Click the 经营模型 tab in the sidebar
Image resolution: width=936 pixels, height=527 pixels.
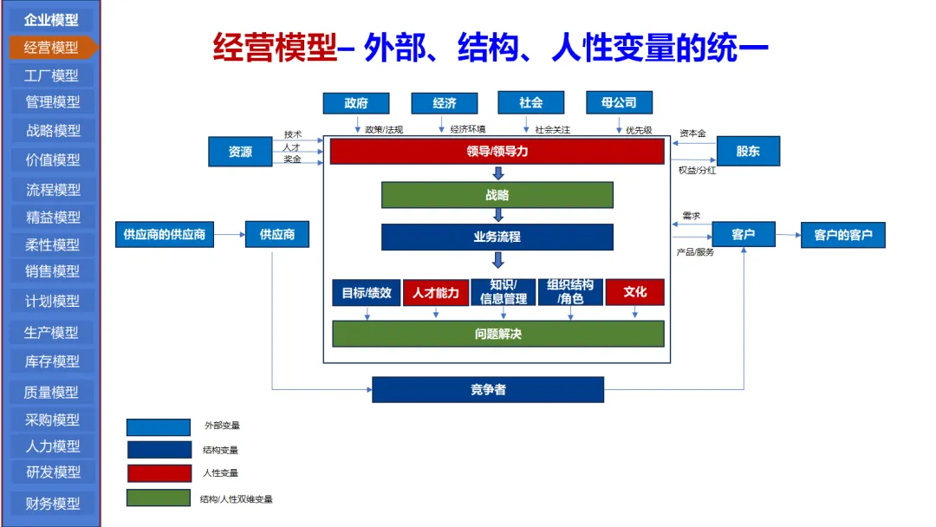[x=51, y=47]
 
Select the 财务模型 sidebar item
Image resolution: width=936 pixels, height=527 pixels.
[x=52, y=503]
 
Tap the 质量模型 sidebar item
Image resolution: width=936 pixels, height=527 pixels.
[x=52, y=392]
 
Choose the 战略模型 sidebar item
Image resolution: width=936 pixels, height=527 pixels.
[x=52, y=131]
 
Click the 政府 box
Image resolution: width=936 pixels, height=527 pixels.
[x=356, y=103]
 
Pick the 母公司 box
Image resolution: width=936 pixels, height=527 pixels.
[x=619, y=103]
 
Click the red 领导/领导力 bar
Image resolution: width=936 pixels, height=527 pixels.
[x=497, y=151]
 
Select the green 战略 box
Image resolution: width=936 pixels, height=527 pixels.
[x=497, y=195]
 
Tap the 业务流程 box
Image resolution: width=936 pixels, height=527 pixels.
[x=497, y=237]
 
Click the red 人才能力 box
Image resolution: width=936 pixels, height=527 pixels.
[x=435, y=292]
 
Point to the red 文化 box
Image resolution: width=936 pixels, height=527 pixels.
[x=634, y=292]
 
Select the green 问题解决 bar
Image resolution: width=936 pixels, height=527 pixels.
[x=497, y=334]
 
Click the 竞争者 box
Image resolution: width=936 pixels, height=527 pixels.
[x=488, y=390]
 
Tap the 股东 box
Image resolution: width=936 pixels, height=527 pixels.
[x=748, y=151]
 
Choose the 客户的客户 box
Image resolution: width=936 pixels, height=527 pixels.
[x=842, y=235]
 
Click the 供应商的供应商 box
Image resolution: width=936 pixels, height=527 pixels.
[x=165, y=235]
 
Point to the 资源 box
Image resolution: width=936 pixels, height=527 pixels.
[x=240, y=152]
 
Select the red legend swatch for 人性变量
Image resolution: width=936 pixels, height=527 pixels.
[x=159, y=473]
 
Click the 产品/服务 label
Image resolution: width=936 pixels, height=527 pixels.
[x=695, y=252]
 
